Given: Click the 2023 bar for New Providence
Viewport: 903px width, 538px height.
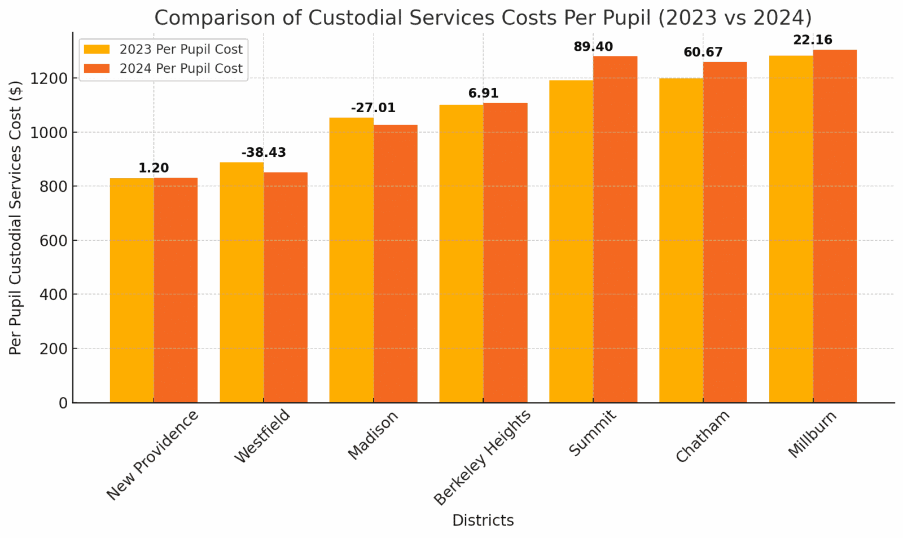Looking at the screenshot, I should (x=131, y=290).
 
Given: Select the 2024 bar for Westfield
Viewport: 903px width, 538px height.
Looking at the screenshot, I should (x=286, y=288).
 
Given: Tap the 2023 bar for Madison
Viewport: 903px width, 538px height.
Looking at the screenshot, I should (x=351, y=260).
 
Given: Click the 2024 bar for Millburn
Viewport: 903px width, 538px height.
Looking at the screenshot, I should (x=835, y=226).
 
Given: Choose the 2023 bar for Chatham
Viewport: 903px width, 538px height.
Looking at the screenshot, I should (x=681, y=240).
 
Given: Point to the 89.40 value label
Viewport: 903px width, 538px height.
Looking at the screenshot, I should (x=593, y=47).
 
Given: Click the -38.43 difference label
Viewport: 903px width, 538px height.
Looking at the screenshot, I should (x=264, y=153).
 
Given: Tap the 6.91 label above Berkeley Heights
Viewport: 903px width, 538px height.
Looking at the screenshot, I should (x=483, y=94).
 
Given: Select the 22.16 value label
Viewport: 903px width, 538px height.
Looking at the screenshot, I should (x=813, y=40).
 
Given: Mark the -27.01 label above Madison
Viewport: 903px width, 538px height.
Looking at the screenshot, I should (x=373, y=108).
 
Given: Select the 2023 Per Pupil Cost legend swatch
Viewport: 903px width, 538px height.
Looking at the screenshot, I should (x=97, y=49).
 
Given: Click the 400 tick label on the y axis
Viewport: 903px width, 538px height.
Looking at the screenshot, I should (x=55, y=294).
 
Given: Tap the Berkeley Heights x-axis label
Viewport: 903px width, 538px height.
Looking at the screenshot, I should (x=483, y=457).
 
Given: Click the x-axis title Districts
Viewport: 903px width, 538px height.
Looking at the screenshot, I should (x=483, y=520).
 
